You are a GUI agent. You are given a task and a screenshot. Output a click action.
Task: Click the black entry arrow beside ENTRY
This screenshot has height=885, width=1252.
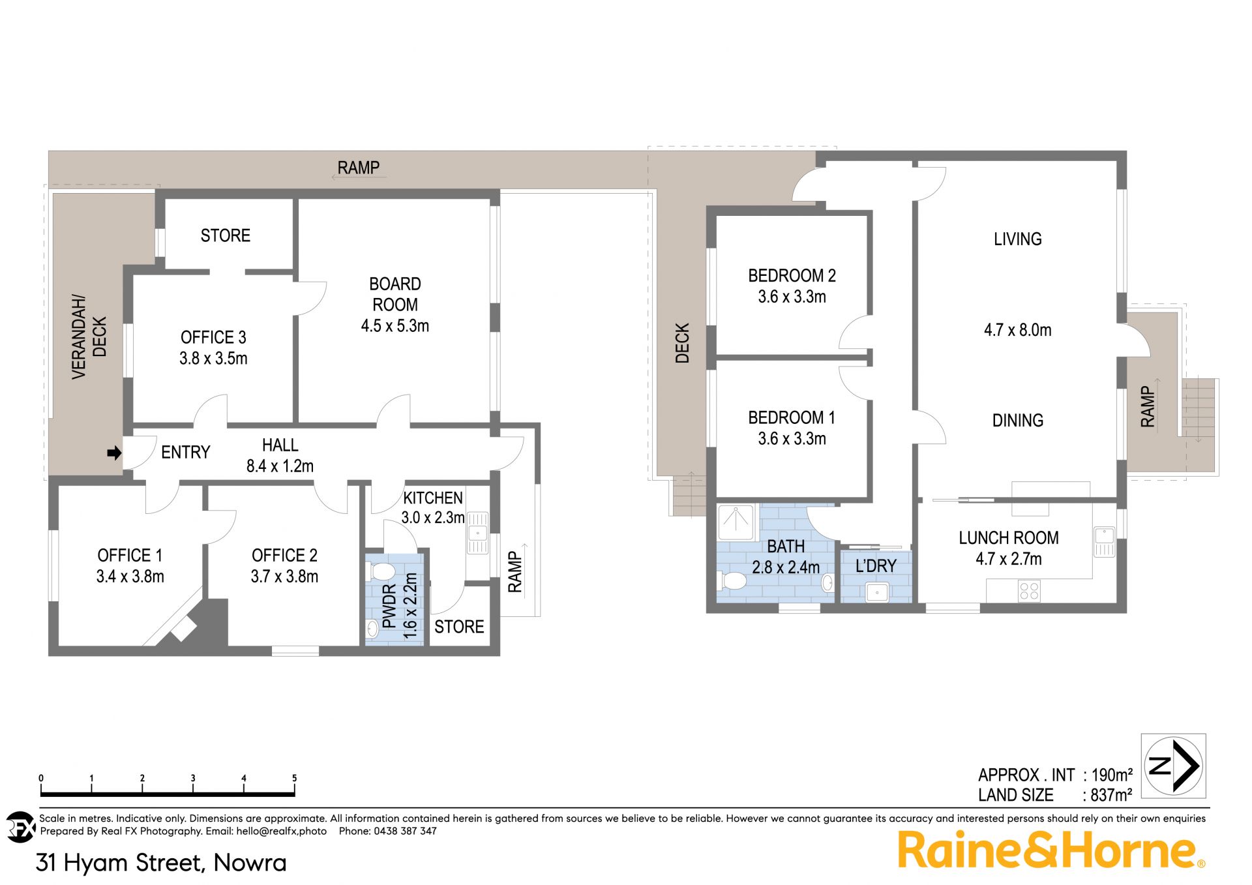[114, 453]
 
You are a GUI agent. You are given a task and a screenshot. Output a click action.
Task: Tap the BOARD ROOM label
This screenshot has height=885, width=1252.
[395, 294]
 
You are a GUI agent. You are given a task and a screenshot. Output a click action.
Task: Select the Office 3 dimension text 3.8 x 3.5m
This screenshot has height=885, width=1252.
[213, 358]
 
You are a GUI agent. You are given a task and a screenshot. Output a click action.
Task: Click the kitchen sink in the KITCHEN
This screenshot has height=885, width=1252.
[477, 532]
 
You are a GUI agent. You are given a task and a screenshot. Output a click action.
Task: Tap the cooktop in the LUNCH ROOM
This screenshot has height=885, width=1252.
[1029, 592]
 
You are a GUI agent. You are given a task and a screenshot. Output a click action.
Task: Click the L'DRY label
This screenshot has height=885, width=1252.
[876, 565]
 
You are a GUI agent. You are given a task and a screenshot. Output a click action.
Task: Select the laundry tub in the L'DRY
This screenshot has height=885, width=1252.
[877, 593]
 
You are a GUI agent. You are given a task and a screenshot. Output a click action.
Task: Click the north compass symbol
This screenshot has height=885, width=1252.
[1173, 766]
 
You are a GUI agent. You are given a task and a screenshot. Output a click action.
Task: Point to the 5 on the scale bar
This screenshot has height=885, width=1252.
[294, 778]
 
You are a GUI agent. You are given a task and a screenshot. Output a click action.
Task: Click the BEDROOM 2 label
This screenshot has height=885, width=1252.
[792, 276]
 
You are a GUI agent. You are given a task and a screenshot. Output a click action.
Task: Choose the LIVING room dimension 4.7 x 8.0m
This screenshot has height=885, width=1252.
[1017, 330]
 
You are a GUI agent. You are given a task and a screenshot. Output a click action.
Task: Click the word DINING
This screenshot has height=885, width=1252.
[1017, 421]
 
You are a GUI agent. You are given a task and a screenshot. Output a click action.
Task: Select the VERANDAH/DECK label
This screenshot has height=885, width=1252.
[89, 337]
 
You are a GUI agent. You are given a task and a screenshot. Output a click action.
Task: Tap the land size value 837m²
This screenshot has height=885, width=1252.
[1110, 795]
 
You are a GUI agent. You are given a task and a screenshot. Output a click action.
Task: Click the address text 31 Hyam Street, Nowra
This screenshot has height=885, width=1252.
[161, 863]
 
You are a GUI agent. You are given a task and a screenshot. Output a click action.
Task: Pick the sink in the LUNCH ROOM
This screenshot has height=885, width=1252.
[1104, 541]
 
